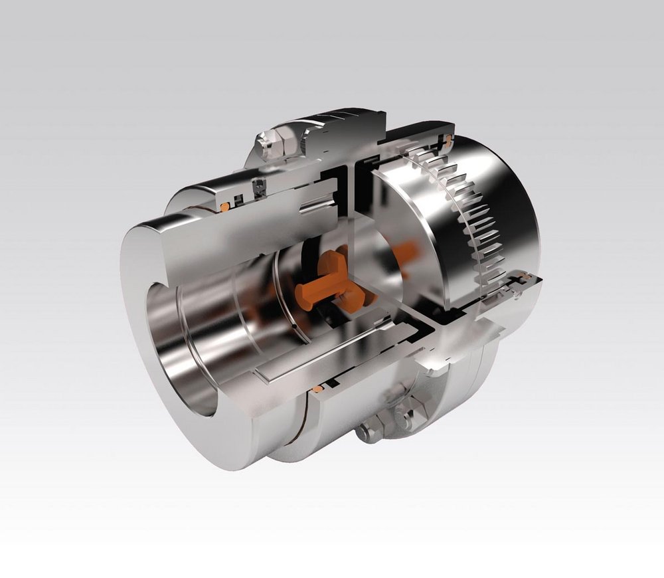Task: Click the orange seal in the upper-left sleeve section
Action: pyautogui.click(x=225, y=207)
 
